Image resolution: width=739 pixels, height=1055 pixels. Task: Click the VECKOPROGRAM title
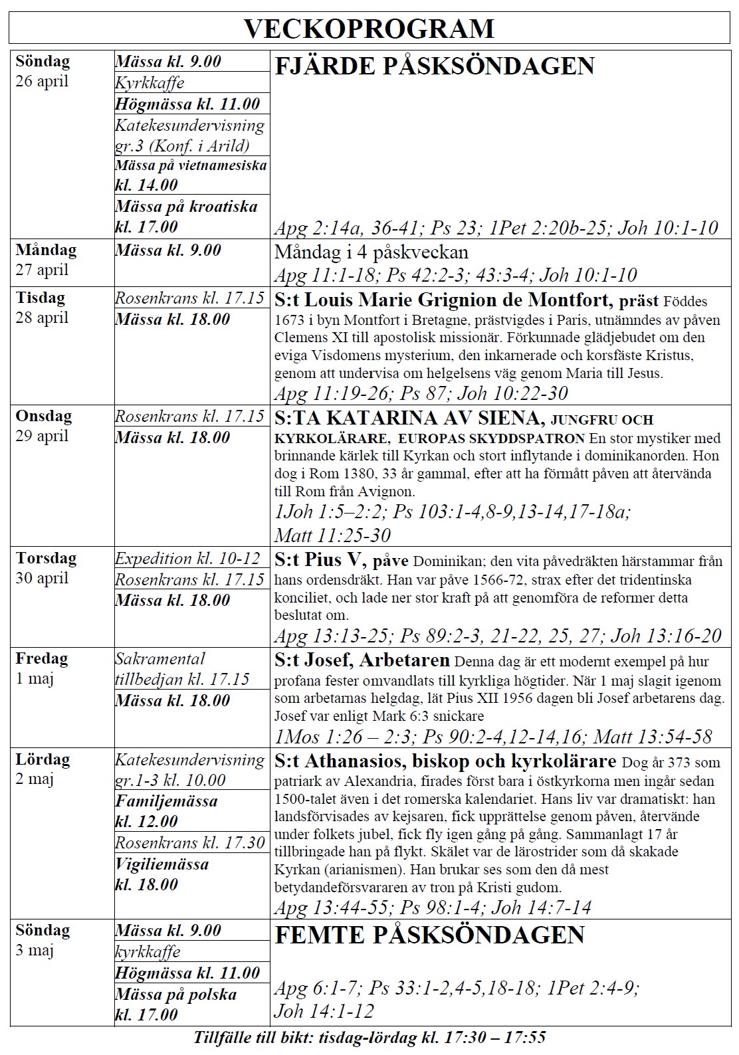369,29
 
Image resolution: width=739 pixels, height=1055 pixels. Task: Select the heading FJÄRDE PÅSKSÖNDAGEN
434,66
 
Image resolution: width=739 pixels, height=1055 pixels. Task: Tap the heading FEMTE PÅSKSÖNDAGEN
429,935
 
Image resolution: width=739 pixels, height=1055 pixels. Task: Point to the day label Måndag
46,250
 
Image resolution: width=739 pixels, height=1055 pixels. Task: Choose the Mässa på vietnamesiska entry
191,175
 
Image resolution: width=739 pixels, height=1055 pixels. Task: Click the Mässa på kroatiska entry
186,217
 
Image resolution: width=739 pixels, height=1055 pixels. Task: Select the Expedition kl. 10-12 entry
187,558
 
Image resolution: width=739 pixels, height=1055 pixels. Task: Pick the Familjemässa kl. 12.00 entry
166,811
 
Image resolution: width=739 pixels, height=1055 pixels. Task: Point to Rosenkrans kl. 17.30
190,843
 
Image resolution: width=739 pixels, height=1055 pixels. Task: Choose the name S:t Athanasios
338,761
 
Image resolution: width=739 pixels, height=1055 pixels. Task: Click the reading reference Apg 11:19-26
332,393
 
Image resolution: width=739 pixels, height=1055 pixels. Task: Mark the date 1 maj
35,679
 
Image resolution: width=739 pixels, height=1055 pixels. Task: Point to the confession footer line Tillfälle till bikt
369,1038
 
